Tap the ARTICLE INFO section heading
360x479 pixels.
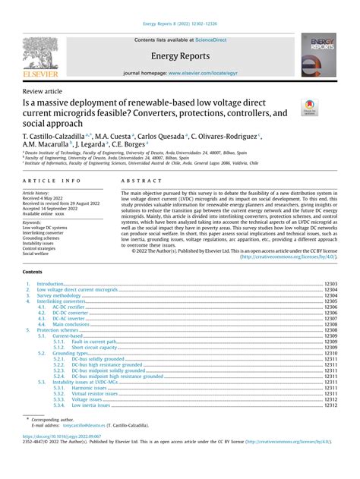pos(52,181)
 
